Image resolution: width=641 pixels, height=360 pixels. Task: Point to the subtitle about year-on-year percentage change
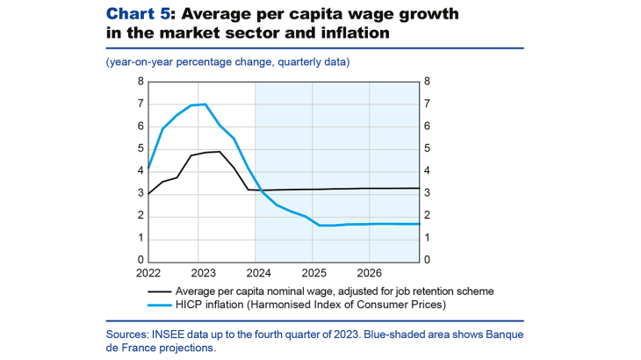[227, 61]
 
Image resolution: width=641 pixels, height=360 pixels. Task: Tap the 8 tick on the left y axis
[140, 82]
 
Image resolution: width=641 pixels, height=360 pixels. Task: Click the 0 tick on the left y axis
[140, 261]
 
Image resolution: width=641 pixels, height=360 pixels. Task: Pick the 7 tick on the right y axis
[427, 104]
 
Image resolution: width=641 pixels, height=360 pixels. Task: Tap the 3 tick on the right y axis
[427, 193]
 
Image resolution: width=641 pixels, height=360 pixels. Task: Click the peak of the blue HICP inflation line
[205, 104]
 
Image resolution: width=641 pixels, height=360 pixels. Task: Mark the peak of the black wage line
[219, 152]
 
